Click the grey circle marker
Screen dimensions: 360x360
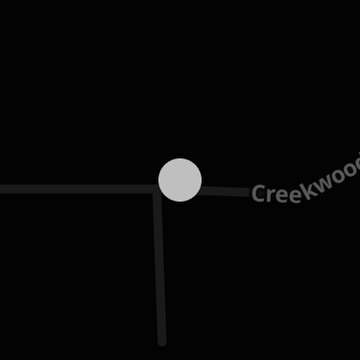(180, 180)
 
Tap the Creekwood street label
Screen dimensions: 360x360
(306, 183)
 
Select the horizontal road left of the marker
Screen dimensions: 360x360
(79, 189)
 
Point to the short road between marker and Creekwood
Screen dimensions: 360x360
(226, 191)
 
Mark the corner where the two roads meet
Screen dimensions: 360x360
(157, 189)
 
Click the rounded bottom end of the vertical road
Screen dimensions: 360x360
(162, 343)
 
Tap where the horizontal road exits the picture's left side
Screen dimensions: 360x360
(1, 189)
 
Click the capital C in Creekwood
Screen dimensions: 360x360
(258, 193)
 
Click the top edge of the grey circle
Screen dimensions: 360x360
(180, 158)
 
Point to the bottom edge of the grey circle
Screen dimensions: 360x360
(180, 202)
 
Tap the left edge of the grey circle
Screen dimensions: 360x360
(158, 180)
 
